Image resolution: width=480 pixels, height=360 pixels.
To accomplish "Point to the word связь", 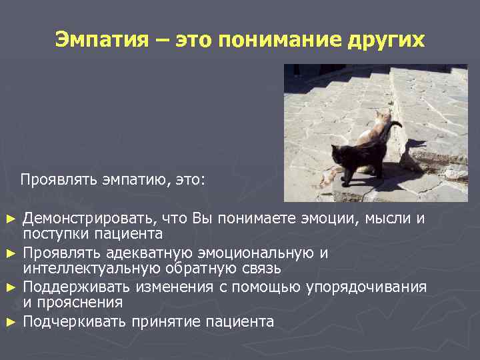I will pos(261,269).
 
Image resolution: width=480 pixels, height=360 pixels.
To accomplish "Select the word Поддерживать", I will pos(77,287).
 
